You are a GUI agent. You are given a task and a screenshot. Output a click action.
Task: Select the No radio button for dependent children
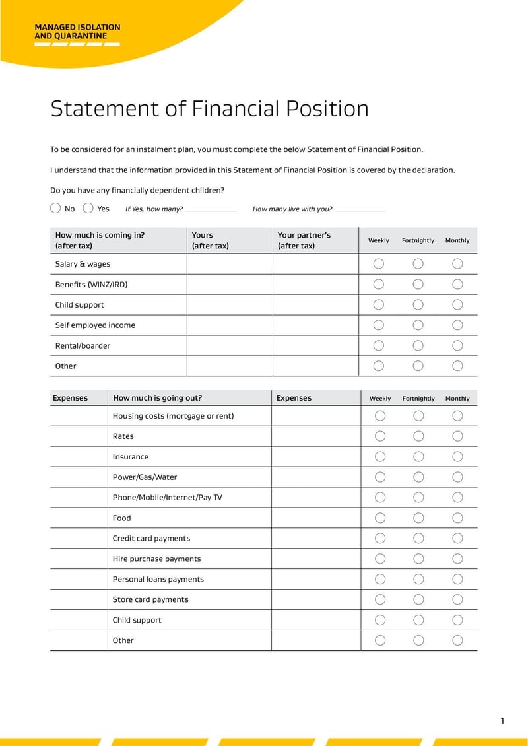pos(55,208)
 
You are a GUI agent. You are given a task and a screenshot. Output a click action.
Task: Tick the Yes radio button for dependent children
pos(88,208)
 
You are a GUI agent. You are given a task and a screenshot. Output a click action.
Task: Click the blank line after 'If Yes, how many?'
pos(211,210)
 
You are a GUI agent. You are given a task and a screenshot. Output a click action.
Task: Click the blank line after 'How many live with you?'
pos(360,210)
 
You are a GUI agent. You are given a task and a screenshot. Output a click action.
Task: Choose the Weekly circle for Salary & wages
pos(379,263)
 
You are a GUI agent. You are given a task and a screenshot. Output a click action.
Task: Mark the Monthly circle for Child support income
pos(457,304)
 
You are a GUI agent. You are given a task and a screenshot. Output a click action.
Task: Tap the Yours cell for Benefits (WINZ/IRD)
pos(230,285)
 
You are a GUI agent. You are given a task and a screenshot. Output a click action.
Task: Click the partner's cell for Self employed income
pos(315,325)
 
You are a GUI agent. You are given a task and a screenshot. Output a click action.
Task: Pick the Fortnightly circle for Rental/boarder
pos(418,345)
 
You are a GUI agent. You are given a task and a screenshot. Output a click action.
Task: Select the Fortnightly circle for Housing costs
pos(418,415)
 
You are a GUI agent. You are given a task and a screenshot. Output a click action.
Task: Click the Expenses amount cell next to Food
pos(315,518)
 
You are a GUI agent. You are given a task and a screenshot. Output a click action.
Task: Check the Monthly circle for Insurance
pos(457,456)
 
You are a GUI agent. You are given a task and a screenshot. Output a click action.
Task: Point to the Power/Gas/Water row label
pos(145,477)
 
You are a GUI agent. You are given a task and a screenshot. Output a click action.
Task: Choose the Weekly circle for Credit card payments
pos(380,538)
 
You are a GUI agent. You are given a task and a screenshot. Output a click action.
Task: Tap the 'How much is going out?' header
pos(157,398)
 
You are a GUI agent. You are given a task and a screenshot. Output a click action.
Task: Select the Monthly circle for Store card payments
pos(457,599)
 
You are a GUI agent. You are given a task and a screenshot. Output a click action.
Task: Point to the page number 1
pos(502,720)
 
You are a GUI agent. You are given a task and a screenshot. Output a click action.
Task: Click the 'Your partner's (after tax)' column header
pos(304,240)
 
